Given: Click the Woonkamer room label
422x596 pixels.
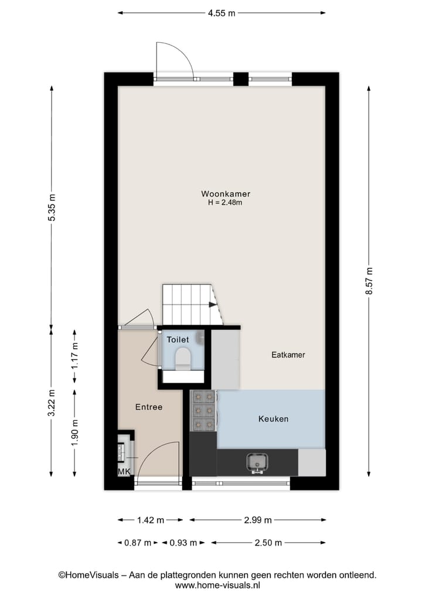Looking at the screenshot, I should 226,193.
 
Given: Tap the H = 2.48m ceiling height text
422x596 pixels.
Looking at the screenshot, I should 226,203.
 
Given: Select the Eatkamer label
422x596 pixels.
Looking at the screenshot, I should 288,355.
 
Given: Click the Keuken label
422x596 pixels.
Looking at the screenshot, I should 273,419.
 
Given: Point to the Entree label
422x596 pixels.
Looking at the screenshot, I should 149,407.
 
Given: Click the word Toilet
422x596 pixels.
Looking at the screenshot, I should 178,339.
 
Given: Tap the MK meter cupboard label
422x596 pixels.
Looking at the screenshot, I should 124,472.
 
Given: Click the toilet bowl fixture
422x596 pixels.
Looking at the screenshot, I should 183,357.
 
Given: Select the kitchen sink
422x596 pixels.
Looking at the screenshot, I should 257,462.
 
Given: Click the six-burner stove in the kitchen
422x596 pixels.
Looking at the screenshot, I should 203,410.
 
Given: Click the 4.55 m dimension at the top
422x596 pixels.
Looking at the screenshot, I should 222,13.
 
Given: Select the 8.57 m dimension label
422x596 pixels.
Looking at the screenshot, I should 369,281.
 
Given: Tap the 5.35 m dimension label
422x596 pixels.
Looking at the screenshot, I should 52,207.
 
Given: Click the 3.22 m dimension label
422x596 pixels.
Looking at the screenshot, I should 52,403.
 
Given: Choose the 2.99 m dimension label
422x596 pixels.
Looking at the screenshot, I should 257,520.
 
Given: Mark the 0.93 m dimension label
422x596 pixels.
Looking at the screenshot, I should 183,543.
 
